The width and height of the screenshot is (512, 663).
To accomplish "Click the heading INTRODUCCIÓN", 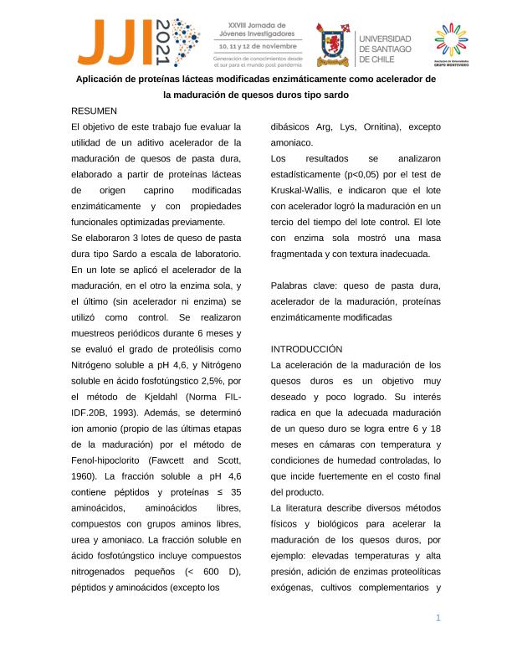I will click(x=308, y=348).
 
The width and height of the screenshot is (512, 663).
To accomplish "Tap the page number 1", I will click(x=438, y=618).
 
